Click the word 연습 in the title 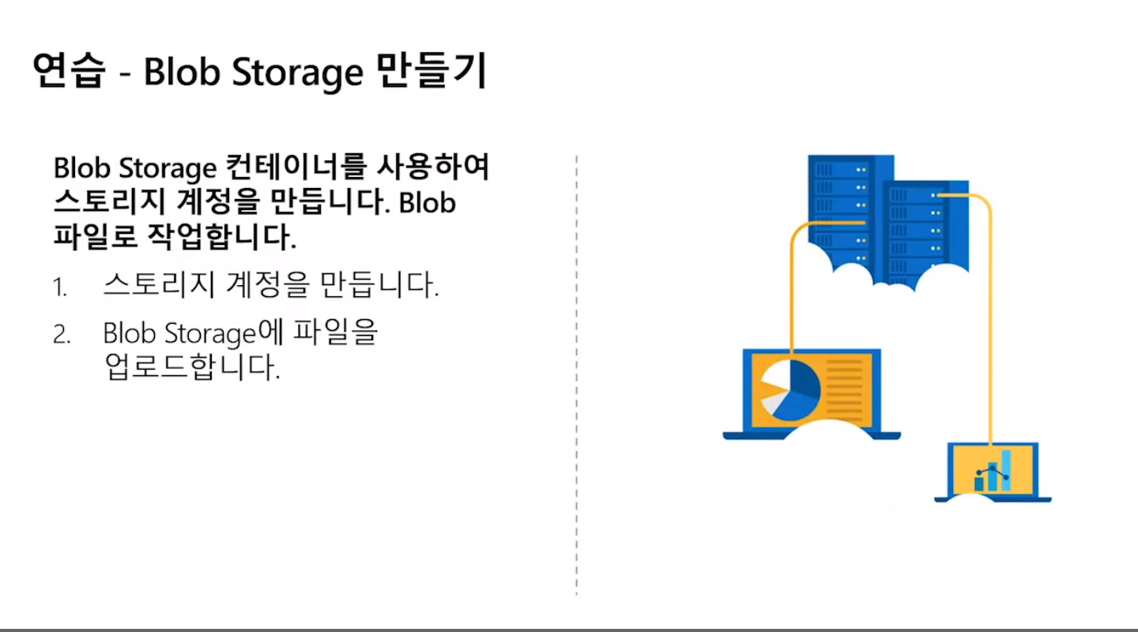point(70,72)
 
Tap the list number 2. point(62,335)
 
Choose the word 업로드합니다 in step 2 point(192,368)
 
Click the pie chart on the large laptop point(789,389)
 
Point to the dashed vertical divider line point(577,371)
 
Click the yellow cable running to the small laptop point(991,316)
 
